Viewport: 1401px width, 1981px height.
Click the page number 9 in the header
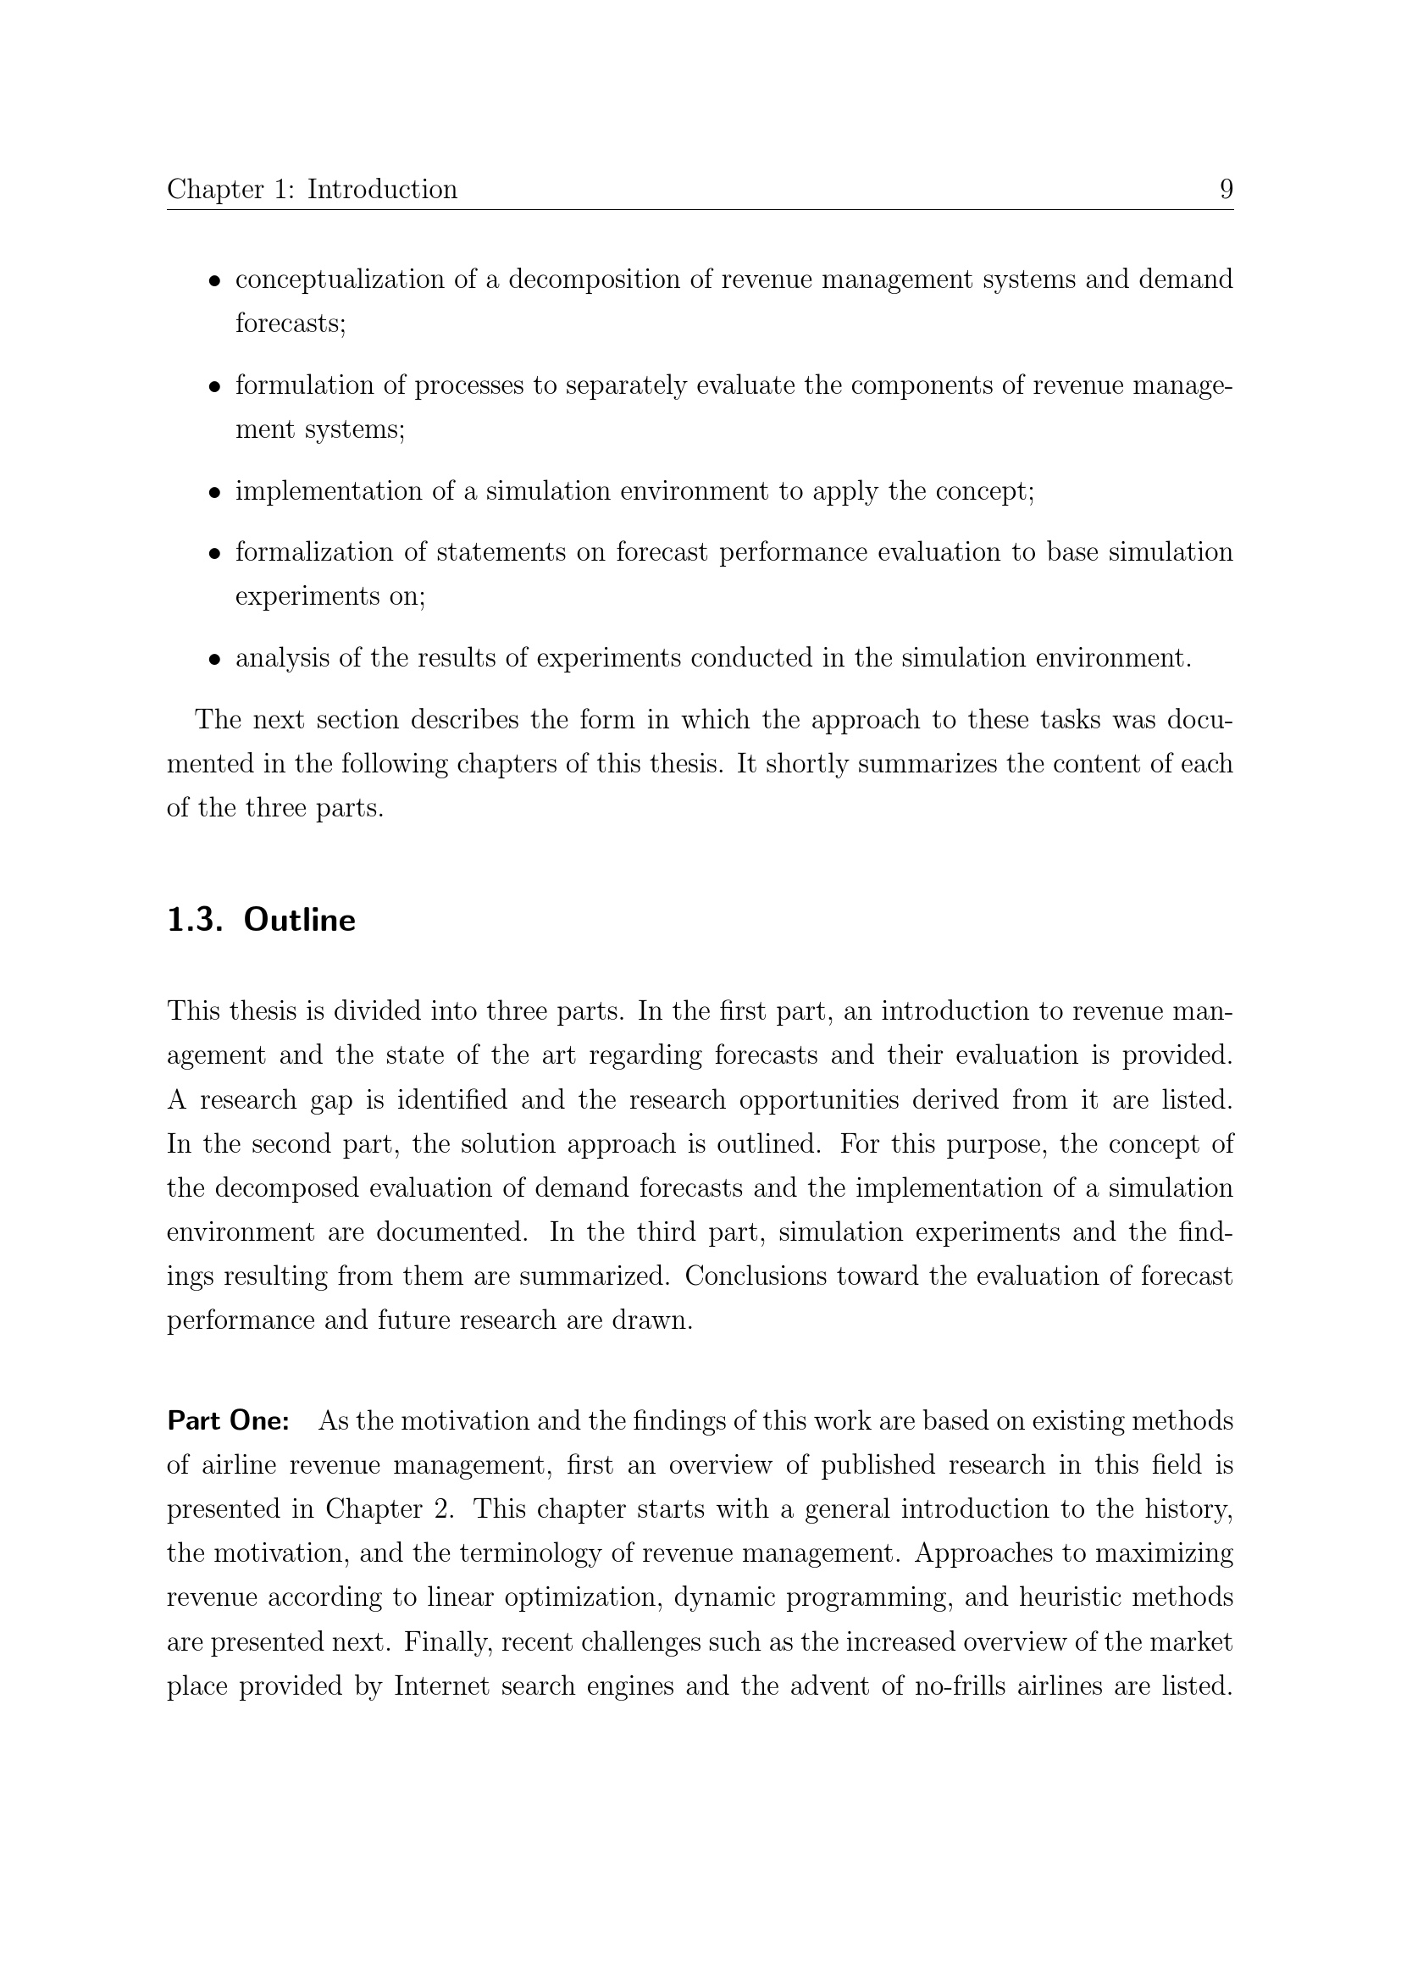click(1226, 189)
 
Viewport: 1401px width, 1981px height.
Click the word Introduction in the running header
click(382, 189)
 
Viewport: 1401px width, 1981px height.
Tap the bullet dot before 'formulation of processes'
click(216, 387)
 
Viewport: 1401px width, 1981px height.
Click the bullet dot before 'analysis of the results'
click(216, 660)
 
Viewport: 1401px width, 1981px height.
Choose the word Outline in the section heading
click(299, 920)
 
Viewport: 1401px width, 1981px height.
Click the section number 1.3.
click(194, 920)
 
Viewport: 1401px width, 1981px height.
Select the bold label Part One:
click(228, 1420)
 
